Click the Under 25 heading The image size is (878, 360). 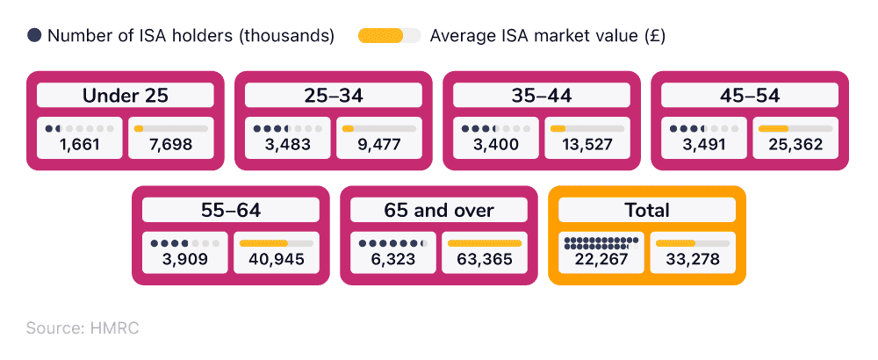coord(125,96)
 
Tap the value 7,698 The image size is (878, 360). coord(171,145)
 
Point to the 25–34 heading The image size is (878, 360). coord(333,96)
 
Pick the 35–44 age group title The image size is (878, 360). coord(541,96)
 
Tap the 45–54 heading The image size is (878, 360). coord(749,96)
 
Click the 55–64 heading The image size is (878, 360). coord(230,210)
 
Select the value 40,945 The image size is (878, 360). coord(275,259)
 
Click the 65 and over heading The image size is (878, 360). coord(438,210)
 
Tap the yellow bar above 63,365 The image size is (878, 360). coord(484,243)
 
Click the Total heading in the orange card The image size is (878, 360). coord(647,210)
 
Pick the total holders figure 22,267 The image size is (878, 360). coord(601,260)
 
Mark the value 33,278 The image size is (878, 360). coord(691,260)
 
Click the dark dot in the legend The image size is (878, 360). coord(34,36)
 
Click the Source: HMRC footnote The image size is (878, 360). coord(83,328)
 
